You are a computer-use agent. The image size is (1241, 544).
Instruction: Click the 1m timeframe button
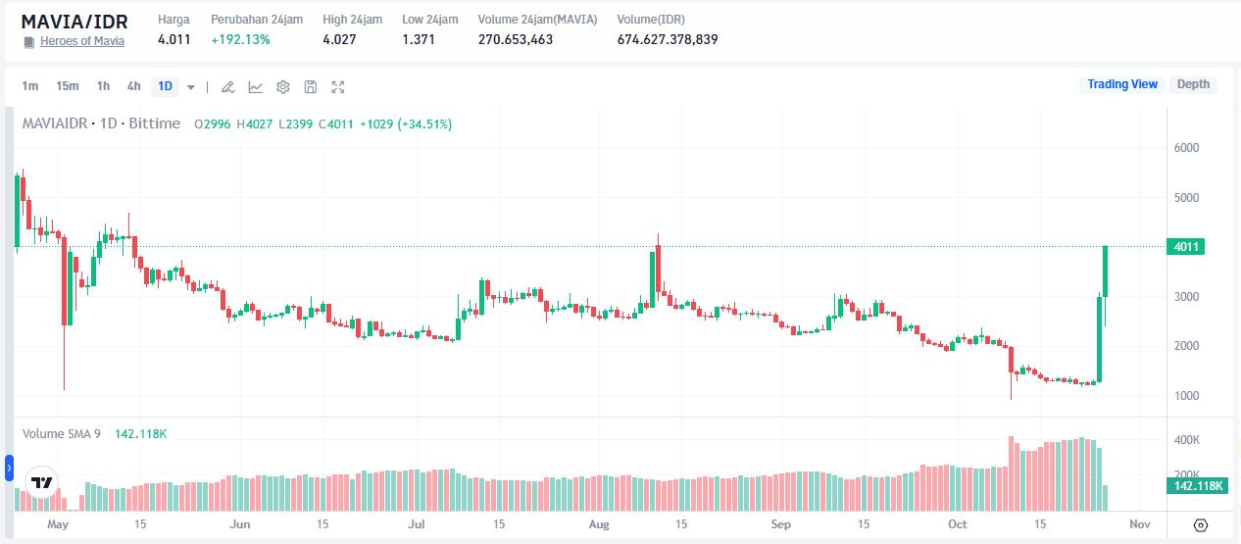point(30,86)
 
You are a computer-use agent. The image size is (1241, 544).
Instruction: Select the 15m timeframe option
point(67,86)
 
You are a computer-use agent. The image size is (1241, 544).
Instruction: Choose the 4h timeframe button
point(133,86)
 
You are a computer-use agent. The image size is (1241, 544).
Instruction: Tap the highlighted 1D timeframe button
point(165,86)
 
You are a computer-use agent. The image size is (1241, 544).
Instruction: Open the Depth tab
point(1193,84)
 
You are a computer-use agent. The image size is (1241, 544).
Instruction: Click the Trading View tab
point(1122,84)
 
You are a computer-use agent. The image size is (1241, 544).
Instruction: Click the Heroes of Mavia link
point(81,41)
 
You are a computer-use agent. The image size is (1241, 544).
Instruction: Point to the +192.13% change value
point(240,39)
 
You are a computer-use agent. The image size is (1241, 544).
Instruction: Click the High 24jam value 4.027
point(339,39)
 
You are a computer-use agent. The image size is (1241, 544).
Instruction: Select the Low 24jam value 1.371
point(419,39)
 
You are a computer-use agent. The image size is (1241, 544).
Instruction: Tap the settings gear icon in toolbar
point(282,87)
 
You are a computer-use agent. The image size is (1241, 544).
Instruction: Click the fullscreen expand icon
point(338,87)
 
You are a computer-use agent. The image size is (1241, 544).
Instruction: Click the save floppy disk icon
point(310,87)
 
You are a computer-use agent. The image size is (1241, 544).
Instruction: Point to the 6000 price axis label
point(1187,148)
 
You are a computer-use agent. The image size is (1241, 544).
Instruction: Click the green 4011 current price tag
point(1187,247)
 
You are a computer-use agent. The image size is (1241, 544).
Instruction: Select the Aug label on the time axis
point(600,524)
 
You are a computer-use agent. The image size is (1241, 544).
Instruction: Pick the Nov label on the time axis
point(1139,524)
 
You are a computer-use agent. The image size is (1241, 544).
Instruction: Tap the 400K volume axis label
point(1187,440)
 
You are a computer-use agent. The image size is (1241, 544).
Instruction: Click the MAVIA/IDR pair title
point(74,21)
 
